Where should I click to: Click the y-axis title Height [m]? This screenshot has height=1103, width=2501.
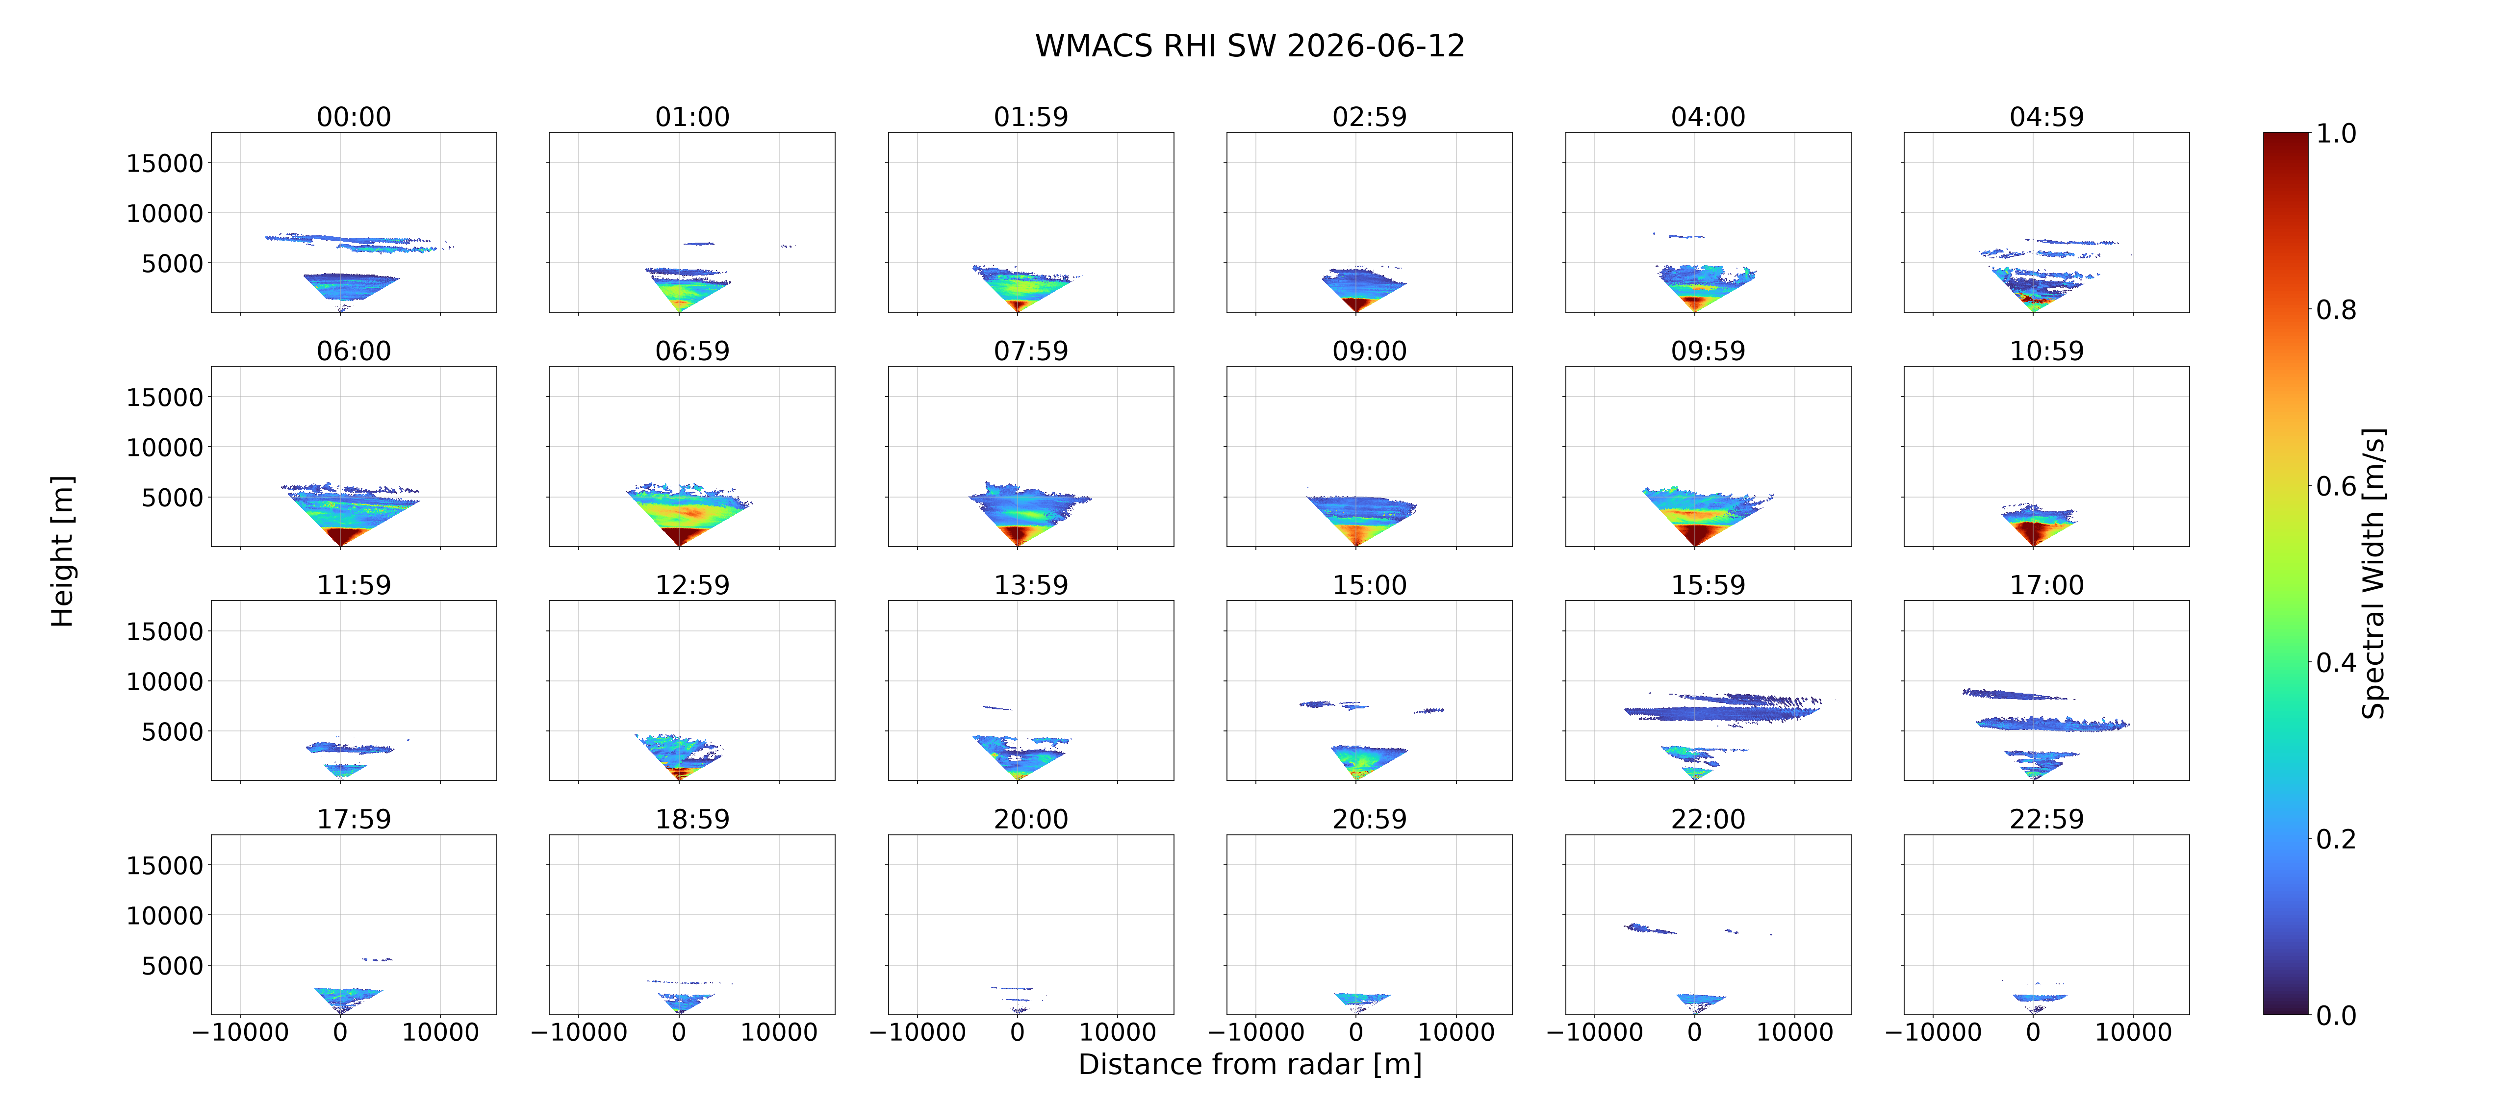pos(62,551)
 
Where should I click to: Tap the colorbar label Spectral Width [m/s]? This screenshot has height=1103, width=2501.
pos(2373,573)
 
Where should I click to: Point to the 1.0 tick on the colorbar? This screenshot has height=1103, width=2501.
pos(2336,133)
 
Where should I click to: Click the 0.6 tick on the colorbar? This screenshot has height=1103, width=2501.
pos(2336,485)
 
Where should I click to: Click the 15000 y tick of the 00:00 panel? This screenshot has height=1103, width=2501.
pos(165,163)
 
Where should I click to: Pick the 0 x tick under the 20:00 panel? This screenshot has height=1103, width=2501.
pos(1018,1032)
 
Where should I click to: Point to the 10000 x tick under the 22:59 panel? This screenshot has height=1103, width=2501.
pos(2133,1032)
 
